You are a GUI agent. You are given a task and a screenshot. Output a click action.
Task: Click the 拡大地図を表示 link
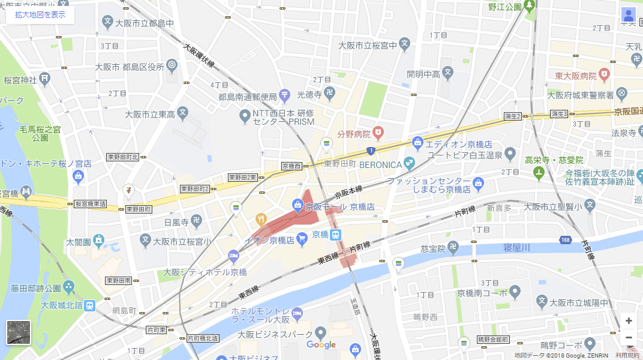40,14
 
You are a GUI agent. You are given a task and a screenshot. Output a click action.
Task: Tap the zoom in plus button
629,320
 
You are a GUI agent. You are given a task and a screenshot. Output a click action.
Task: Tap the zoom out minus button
629,337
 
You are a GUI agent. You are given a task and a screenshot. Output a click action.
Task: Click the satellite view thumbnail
19,332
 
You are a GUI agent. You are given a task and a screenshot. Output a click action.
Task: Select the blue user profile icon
629,16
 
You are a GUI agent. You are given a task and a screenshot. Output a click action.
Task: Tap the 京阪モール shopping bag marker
298,206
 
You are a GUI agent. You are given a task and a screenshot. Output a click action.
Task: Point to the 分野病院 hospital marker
378,131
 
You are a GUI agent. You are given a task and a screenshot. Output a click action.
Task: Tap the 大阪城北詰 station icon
89,305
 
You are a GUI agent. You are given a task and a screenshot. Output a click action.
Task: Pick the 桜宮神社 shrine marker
45,79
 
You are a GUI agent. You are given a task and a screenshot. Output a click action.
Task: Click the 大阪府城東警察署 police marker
622,94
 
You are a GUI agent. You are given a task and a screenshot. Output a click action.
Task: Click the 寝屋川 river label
517,247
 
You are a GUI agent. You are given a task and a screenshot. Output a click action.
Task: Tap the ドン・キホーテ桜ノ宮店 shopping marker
77,176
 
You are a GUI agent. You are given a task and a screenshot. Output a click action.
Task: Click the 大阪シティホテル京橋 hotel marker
233,257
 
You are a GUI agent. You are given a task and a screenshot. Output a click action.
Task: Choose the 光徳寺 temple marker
329,94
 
